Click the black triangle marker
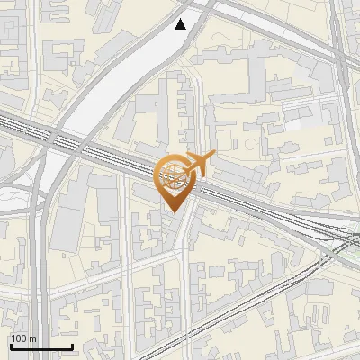coord(181,24)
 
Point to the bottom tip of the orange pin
coord(172,212)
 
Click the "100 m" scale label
coord(23,338)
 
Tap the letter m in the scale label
coord(32,338)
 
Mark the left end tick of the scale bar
coord(10,346)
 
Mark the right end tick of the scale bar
coord(72,346)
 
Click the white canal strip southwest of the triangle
coord(117,81)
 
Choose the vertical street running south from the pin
coord(184,270)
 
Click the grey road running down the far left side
coord(38,270)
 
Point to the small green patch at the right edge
coord(354,253)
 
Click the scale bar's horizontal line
coord(40,347)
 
